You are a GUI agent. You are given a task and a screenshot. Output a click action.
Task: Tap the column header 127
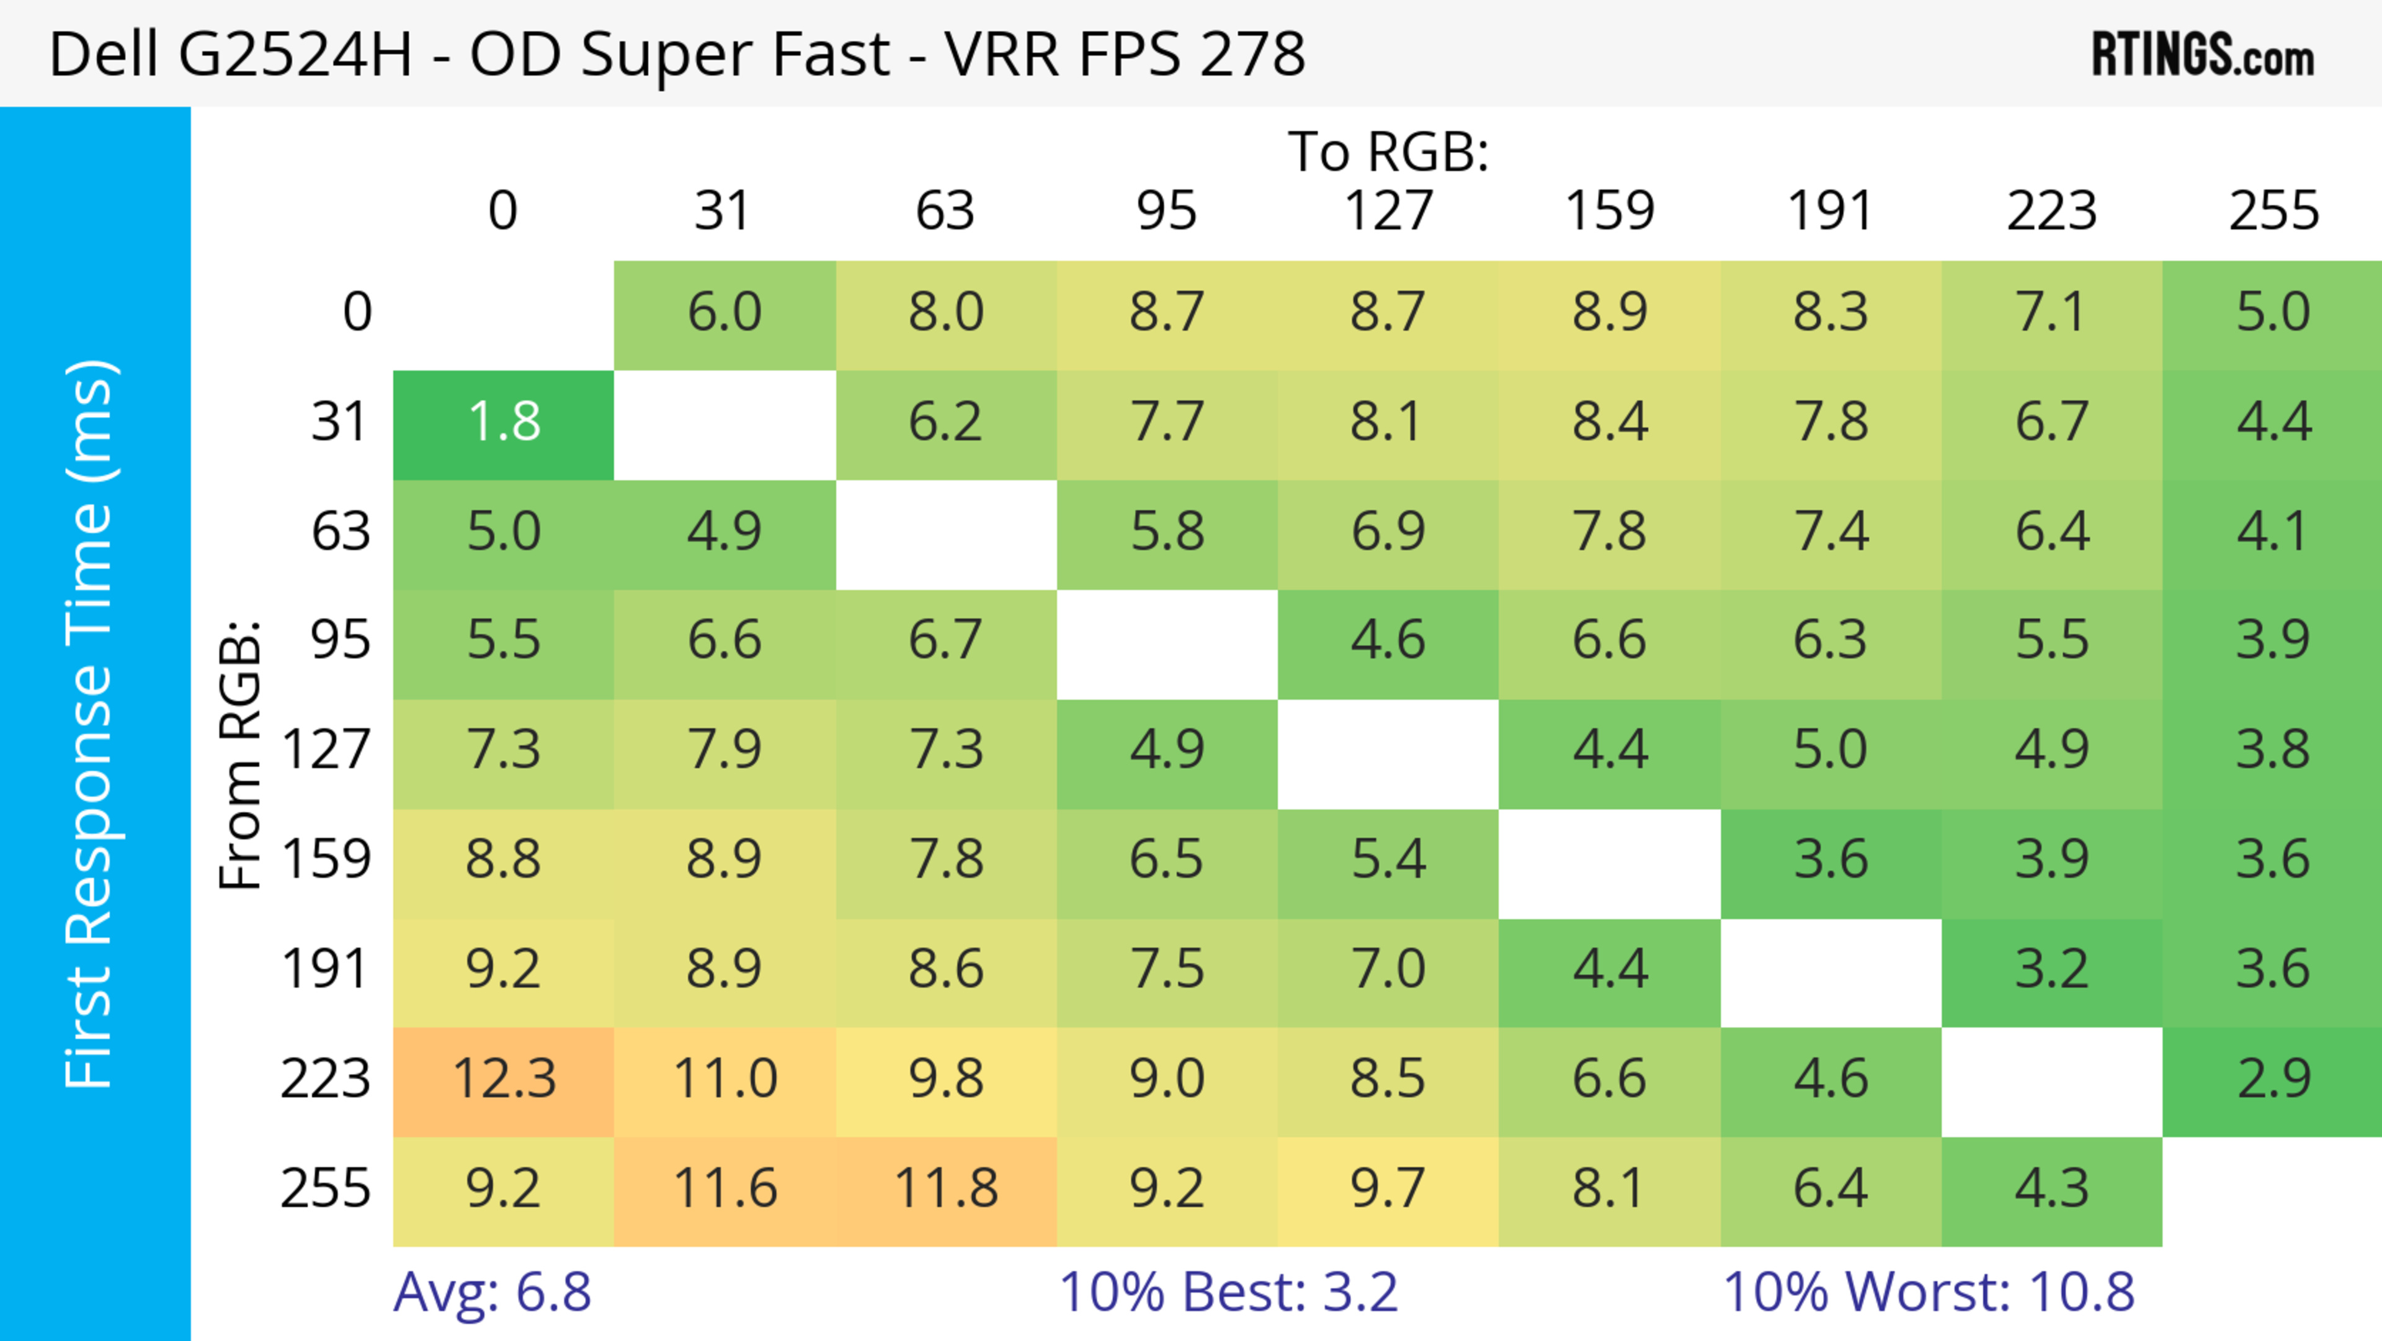(1388, 211)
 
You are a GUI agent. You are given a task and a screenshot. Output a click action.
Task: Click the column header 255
(2273, 211)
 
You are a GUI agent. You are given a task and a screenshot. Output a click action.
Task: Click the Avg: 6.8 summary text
(492, 1292)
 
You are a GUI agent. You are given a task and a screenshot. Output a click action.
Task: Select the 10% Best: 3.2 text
(1228, 1292)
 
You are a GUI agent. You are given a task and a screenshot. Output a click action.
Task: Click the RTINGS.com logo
(2203, 55)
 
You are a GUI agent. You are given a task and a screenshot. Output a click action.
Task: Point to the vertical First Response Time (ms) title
(91, 723)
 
